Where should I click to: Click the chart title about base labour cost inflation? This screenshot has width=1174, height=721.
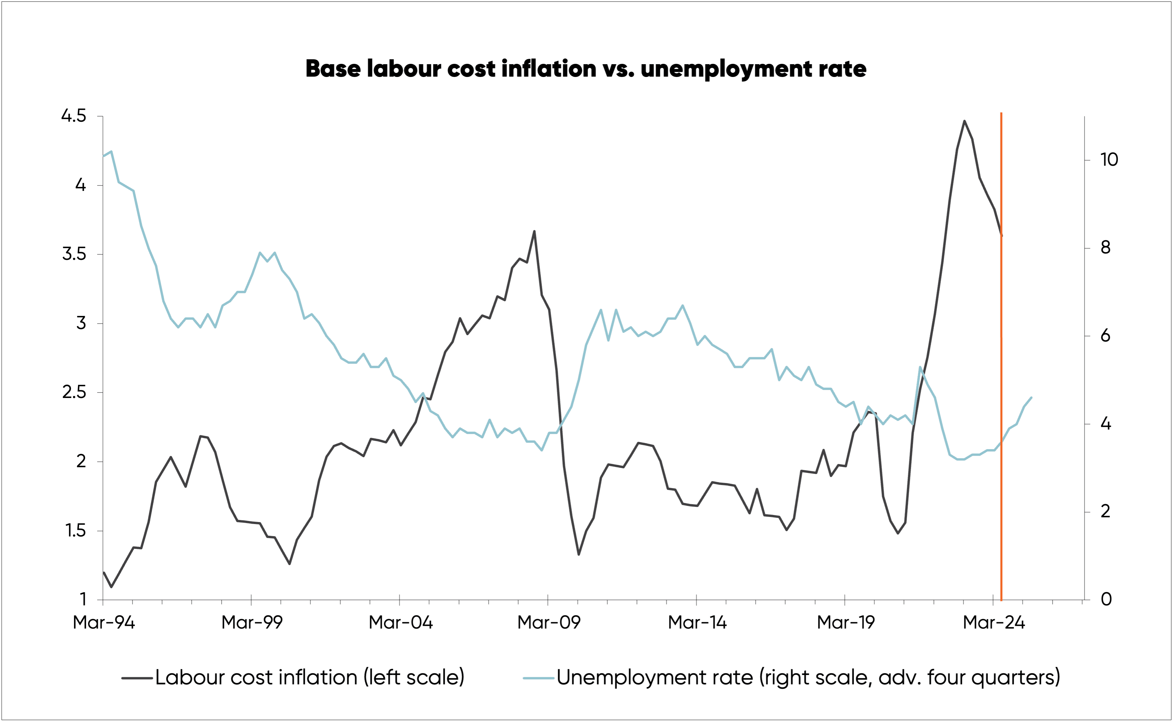point(586,69)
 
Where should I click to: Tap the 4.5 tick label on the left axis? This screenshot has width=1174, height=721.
point(74,116)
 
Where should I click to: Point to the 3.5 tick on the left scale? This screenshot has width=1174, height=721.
point(74,254)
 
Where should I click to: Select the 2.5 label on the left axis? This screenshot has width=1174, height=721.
point(74,393)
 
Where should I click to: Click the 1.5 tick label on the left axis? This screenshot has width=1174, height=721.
point(75,531)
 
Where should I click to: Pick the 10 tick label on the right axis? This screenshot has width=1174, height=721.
point(1109,160)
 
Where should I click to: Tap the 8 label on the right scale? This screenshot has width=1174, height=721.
point(1106,247)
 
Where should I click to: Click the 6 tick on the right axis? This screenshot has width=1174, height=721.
point(1106,336)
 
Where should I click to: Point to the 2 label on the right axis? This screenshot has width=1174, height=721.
point(1106,512)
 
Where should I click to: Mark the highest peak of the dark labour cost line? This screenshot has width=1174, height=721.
point(964,121)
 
